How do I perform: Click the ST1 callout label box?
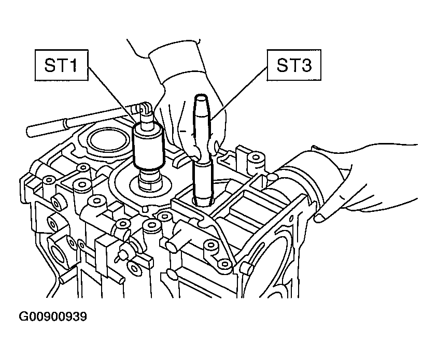[62, 65]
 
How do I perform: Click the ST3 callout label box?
[294, 65]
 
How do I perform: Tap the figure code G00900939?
[53, 316]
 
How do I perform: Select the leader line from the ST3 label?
[238, 93]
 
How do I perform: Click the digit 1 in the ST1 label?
[73, 65]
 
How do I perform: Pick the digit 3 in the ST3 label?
[306, 65]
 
